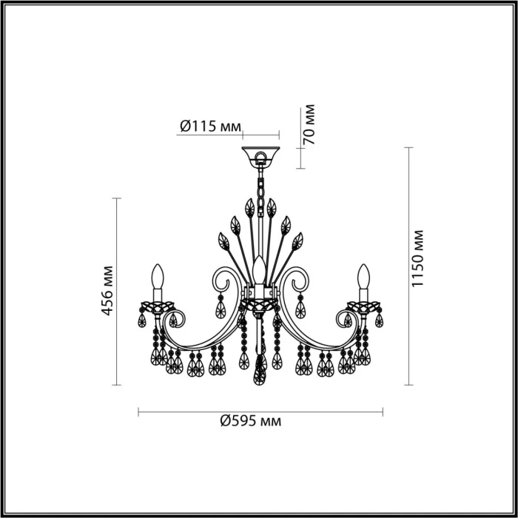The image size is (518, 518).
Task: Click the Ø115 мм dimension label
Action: click(210, 127)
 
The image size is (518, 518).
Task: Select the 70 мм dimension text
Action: click(310, 124)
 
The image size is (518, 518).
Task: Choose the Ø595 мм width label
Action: click(251, 421)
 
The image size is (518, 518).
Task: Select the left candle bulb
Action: click(156, 280)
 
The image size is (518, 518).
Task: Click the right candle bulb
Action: click(363, 280)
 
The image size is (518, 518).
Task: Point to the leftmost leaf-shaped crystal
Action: click(221, 241)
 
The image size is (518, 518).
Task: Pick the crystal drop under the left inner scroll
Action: click(220, 305)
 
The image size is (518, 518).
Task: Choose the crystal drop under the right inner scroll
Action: click(300, 305)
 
